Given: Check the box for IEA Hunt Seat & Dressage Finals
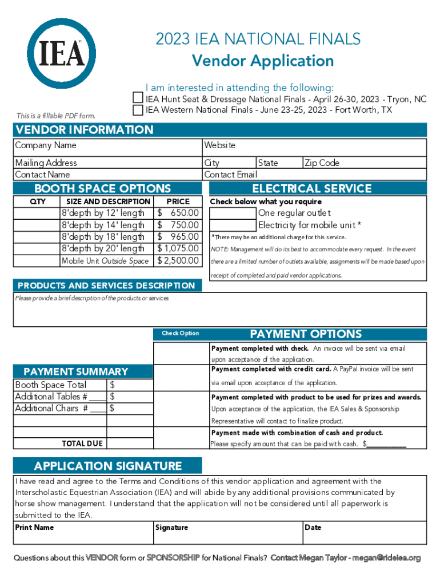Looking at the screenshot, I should coord(138,98).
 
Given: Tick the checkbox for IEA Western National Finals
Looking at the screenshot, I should coord(138,109).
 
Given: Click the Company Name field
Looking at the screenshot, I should coord(108,146).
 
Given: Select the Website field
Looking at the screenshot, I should coord(315,146).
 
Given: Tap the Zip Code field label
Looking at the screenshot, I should coord(322,163).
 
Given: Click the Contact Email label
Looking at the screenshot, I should coord(231,175).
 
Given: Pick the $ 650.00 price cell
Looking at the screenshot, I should coord(178,213).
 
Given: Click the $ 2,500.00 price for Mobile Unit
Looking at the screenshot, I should coord(178,261).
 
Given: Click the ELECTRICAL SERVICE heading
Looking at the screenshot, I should coord(312,188).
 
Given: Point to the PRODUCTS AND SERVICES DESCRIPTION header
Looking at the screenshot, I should coord(106,286).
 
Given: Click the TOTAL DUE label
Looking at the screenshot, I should coord(82,444).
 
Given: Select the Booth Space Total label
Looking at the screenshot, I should coord(51,385).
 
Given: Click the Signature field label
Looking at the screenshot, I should coord(171,527).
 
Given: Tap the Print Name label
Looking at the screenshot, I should coord(34,527).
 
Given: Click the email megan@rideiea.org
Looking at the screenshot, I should coord(386,557).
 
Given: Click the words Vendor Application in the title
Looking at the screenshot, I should coord(262,61).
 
